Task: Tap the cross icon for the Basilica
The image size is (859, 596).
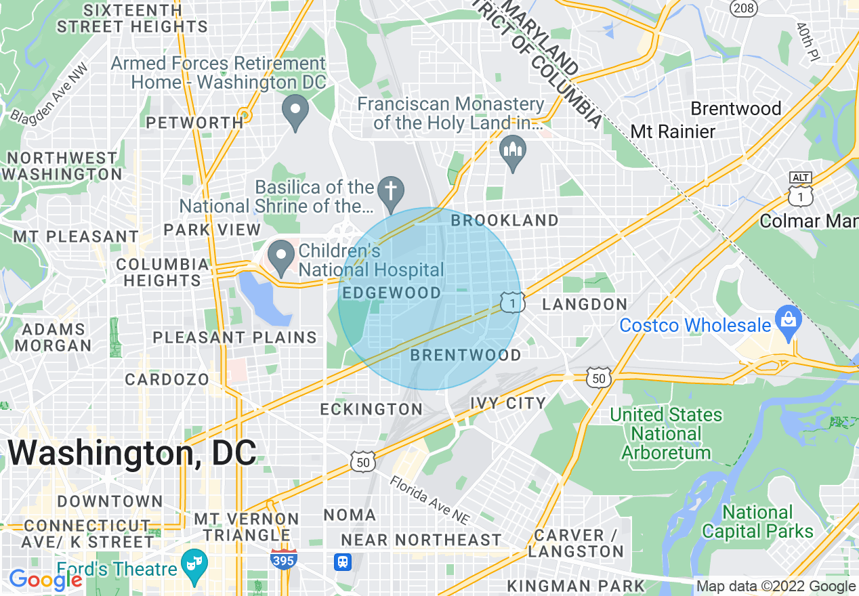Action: [390, 189]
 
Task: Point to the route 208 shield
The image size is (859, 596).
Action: [743, 8]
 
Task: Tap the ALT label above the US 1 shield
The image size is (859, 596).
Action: [801, 177]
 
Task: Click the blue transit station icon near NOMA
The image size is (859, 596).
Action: [343, 561]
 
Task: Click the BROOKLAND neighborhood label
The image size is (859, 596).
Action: [505, 221]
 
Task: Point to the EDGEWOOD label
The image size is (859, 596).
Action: [392, 293]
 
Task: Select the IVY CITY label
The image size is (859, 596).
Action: [508, 404]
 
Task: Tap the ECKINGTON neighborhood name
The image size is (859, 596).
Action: [371, 409]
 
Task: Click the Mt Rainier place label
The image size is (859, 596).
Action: [673, 131]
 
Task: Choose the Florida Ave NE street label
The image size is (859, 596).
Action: [429, 499]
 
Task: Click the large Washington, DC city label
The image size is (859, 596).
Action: [133, 453]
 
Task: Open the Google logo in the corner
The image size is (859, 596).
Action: [45, 580]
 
